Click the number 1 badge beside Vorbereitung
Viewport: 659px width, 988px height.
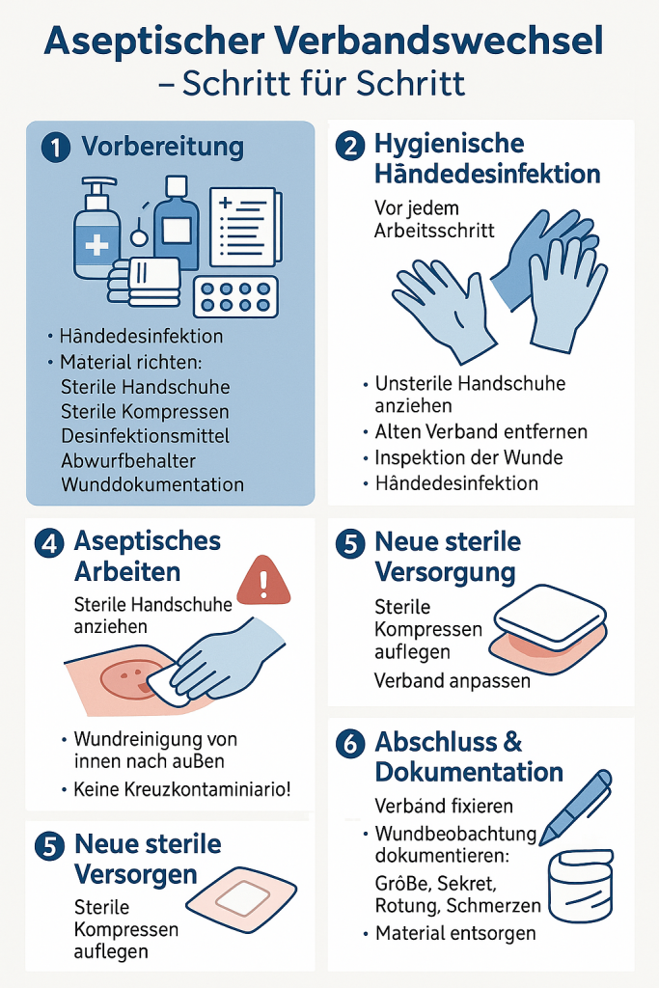click(x=55, y=147)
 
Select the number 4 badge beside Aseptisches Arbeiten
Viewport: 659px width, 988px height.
click(x=50, y=543)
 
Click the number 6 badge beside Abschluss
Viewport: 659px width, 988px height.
click(x=350, y=744)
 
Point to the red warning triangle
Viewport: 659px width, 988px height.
click(x=263, y=581)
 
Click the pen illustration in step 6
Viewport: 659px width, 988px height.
click(x=576, y=808)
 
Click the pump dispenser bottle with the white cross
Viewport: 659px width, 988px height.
click(x=97, y=229)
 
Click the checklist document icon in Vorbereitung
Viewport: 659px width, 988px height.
click(x=245, y=228)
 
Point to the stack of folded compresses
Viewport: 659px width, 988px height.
click(x=144, y=282)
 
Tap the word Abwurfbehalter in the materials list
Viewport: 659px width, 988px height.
click(x=128, y=460)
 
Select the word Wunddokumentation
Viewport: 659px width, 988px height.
click(x=152, y=484)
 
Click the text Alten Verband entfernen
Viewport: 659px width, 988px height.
click(x=481, y=431)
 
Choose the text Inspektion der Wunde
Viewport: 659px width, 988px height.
click(x=469, y=457)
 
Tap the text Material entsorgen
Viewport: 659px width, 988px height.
click(x=455, y=933)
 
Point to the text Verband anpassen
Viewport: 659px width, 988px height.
click(x=453, y=681)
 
